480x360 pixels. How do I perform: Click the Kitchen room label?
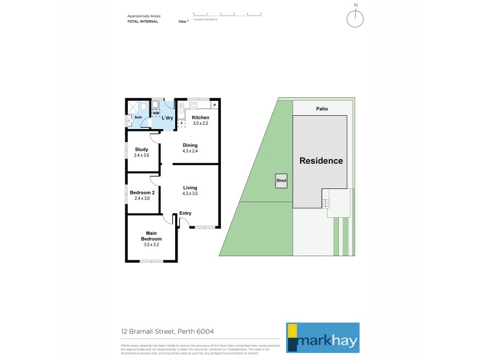pyautogui.click(x=200, y=118)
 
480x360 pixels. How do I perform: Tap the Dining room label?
pyautogui.click(x=190, y=145)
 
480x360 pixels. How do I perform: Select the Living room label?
pyautogui.click(x=190, y=188)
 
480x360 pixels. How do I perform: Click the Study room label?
pyautogui.click(x=142, y=149)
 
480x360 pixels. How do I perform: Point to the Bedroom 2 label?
pyautogui.click(x=142, y=192)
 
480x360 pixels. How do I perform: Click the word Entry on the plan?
pyautogui.click(x=185, y=213)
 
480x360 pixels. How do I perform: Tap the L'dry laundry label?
pyautogui.click(x=167, y=118)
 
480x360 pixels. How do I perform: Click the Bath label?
pyautogui.click(x=138, y=117)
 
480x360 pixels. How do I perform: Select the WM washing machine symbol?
pyautogui.click(x=156, y=113)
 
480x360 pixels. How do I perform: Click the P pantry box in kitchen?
pyautogui.click(x=214, y=106)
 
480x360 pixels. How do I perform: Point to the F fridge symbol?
pyautogui.click(x=181, y=124)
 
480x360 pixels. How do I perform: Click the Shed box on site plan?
pyautogui.click(x=281, y=180)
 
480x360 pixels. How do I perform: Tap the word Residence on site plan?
pyautogui.click(x=321, y=161)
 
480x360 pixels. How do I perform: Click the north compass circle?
pyautogui.click(x=355, y=19)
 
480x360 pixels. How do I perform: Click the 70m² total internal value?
pyautogui.click(x=182, y=21)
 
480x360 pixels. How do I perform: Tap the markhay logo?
pyautogui.click(x=322, y=337)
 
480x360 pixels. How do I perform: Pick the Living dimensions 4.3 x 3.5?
pyautogui.click(x=190, y=194)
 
